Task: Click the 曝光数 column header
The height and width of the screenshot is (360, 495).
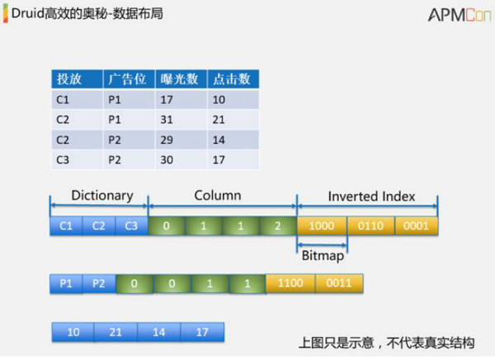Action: [x=181, y=79]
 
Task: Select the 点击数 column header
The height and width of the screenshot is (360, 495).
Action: [x=232, y=79]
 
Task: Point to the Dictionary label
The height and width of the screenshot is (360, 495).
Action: [x=102, y=196]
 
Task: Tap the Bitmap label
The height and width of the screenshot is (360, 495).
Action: [x=322, y=256]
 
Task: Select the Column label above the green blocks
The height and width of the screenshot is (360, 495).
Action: [x=218, y=196]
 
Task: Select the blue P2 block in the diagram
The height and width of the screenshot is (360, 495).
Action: [x=99, y=284]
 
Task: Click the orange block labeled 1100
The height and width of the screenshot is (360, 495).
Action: [x=290, y=284]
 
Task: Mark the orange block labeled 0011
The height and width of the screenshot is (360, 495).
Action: [x=339, y=284]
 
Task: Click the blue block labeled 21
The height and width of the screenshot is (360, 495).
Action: [x=116, y=332]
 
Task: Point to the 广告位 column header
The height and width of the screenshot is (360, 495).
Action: [x=128, y=79]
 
